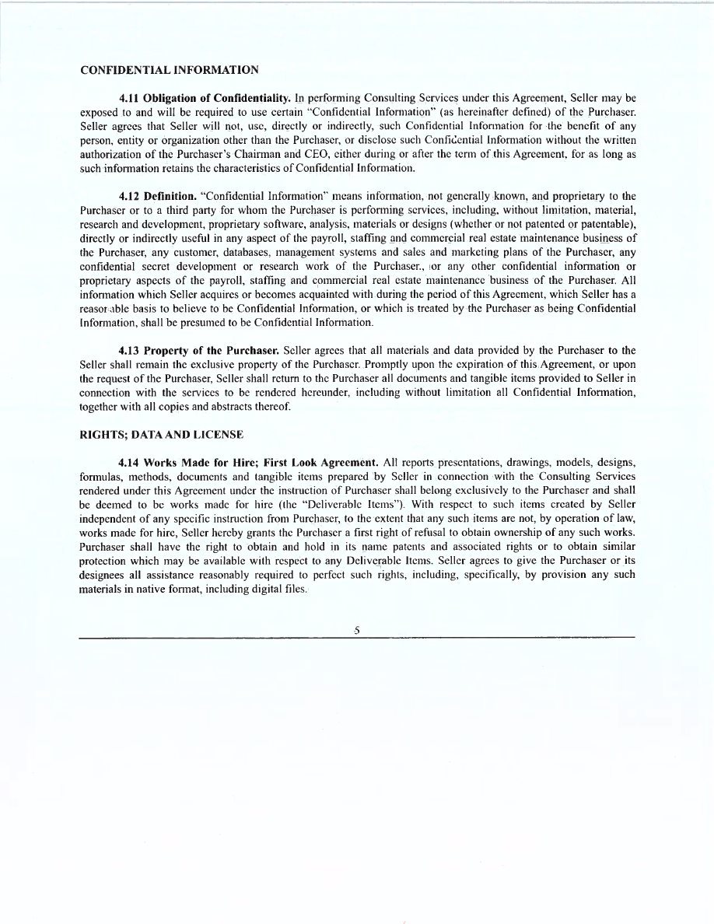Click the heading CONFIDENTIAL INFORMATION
coord(170,70)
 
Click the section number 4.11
coord(129,99)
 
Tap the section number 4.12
coord(129,196)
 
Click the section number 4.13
coord(129,350)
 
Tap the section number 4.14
coord(129,464)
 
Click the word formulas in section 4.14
coord(100,476)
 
